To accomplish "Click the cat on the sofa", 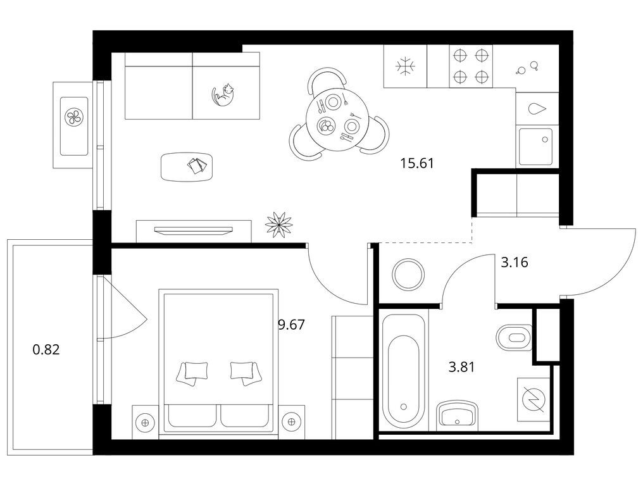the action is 223,96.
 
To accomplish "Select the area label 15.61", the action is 417,164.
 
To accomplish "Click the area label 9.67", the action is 292,325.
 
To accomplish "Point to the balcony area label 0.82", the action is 46,350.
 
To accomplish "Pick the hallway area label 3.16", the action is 515,262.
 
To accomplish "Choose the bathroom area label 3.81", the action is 462,366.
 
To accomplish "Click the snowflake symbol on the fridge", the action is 405,66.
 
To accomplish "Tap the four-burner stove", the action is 471,66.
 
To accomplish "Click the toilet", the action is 515,338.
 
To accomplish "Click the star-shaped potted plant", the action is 279,224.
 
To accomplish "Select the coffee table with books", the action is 187,167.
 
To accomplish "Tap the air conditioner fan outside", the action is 74,117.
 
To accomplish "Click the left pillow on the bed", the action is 192,372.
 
